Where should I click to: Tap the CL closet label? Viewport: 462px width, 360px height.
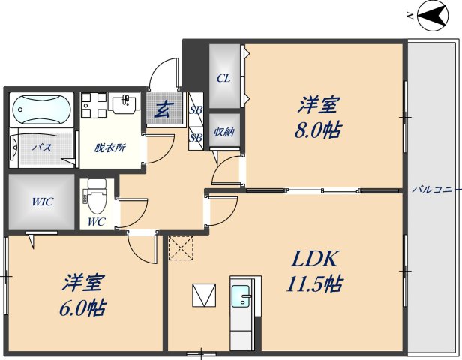point(223,78)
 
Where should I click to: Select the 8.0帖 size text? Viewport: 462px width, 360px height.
point(318,130)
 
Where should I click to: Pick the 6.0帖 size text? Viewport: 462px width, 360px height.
point(83,307)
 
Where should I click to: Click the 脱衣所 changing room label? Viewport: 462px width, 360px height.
point(109,147)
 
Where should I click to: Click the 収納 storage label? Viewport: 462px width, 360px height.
point(224,133)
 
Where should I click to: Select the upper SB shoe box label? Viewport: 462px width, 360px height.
point(196,109)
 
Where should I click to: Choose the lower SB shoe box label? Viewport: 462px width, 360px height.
point(196,137)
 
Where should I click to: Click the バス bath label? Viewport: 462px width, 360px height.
point(41,148)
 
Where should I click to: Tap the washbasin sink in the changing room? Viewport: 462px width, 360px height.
point(124,103)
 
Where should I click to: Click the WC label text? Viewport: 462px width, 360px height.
point(96,223)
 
